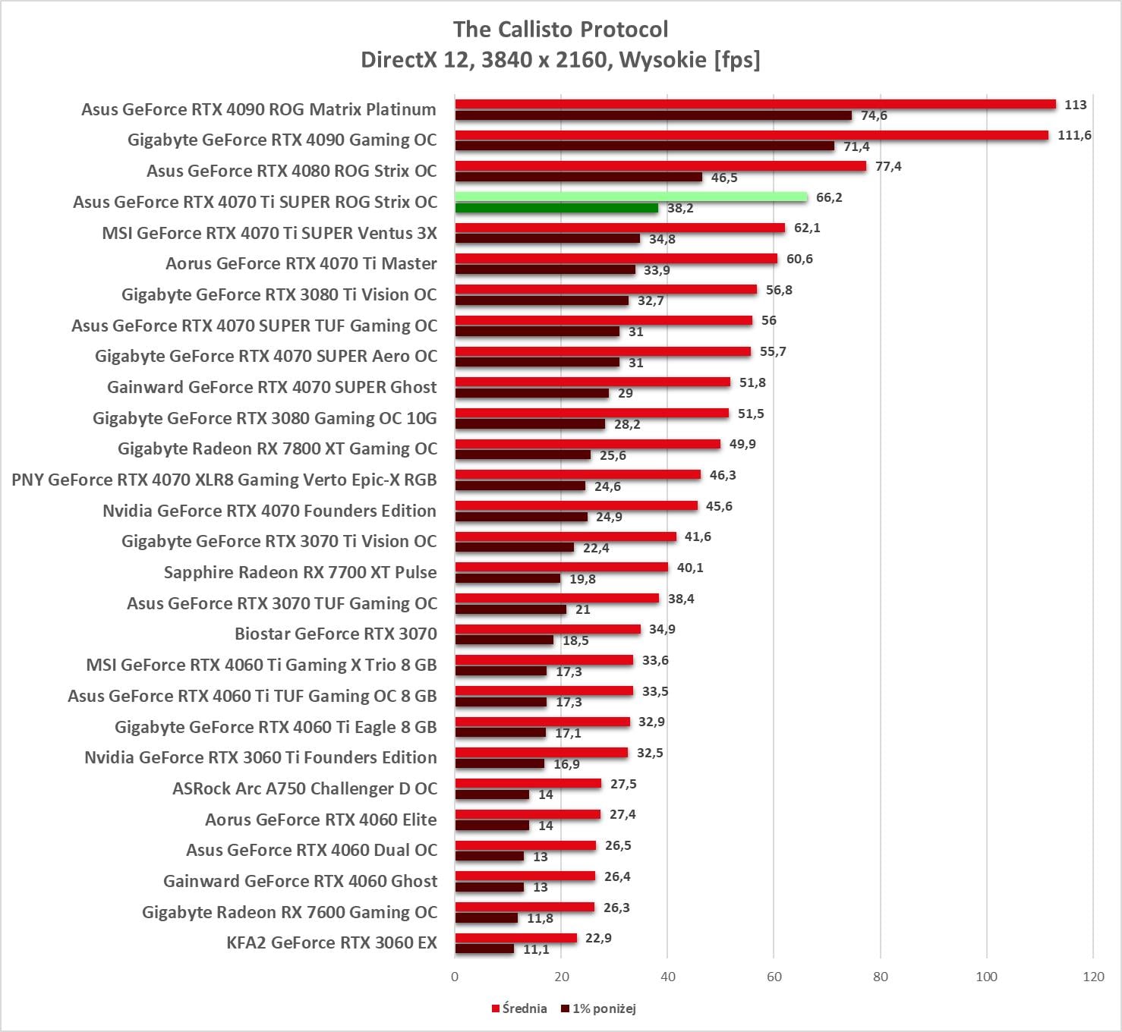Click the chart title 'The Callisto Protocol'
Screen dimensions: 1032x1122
coord(560,30)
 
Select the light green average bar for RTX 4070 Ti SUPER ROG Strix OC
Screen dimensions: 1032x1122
coord(631,197)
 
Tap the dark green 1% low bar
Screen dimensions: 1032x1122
coord(556,208)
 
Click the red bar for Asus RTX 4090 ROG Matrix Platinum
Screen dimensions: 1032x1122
coord(755,105)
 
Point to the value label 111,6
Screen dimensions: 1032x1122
coord(1074,136)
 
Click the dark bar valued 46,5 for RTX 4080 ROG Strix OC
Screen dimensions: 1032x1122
coord(578,177)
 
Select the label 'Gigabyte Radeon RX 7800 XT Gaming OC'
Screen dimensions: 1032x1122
coord(277,448)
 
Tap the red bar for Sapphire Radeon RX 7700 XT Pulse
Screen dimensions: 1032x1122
coord(562,568)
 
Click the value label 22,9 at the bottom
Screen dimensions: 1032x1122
coord(598,938)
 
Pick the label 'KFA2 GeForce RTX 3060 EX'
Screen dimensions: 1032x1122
coord(332,942)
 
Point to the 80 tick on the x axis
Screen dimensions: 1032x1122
coord(880,977)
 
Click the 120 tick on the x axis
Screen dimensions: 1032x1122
coord(1093,977)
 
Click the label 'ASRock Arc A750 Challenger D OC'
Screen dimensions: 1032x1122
coord(304,788)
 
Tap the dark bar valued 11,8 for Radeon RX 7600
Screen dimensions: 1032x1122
coord(487,918)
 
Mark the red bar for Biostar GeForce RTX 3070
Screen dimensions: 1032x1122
coord(548,629)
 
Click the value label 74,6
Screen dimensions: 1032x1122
coord(874,116)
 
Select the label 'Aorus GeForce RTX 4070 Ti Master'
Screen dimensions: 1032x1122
coord(301,263)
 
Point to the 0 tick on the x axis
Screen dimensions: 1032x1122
coord(455,977)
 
